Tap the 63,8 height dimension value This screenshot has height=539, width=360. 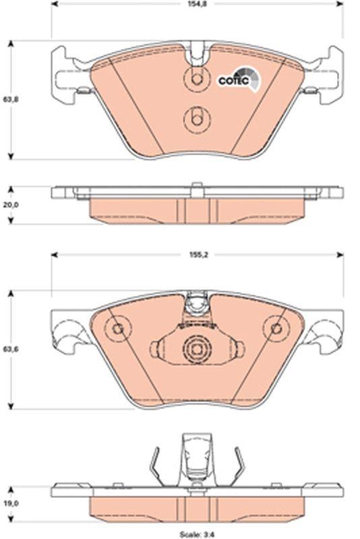tap(9, 100)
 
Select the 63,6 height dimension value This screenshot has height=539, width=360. tap(9, 350)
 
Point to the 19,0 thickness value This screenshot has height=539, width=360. tap(9, 501)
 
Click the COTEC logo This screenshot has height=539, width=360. tap(235, 80)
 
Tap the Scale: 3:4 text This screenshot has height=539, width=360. tap(197, 534)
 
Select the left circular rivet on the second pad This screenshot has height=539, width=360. tap(119, 329)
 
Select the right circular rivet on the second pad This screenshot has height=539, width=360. tap(275, 329)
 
